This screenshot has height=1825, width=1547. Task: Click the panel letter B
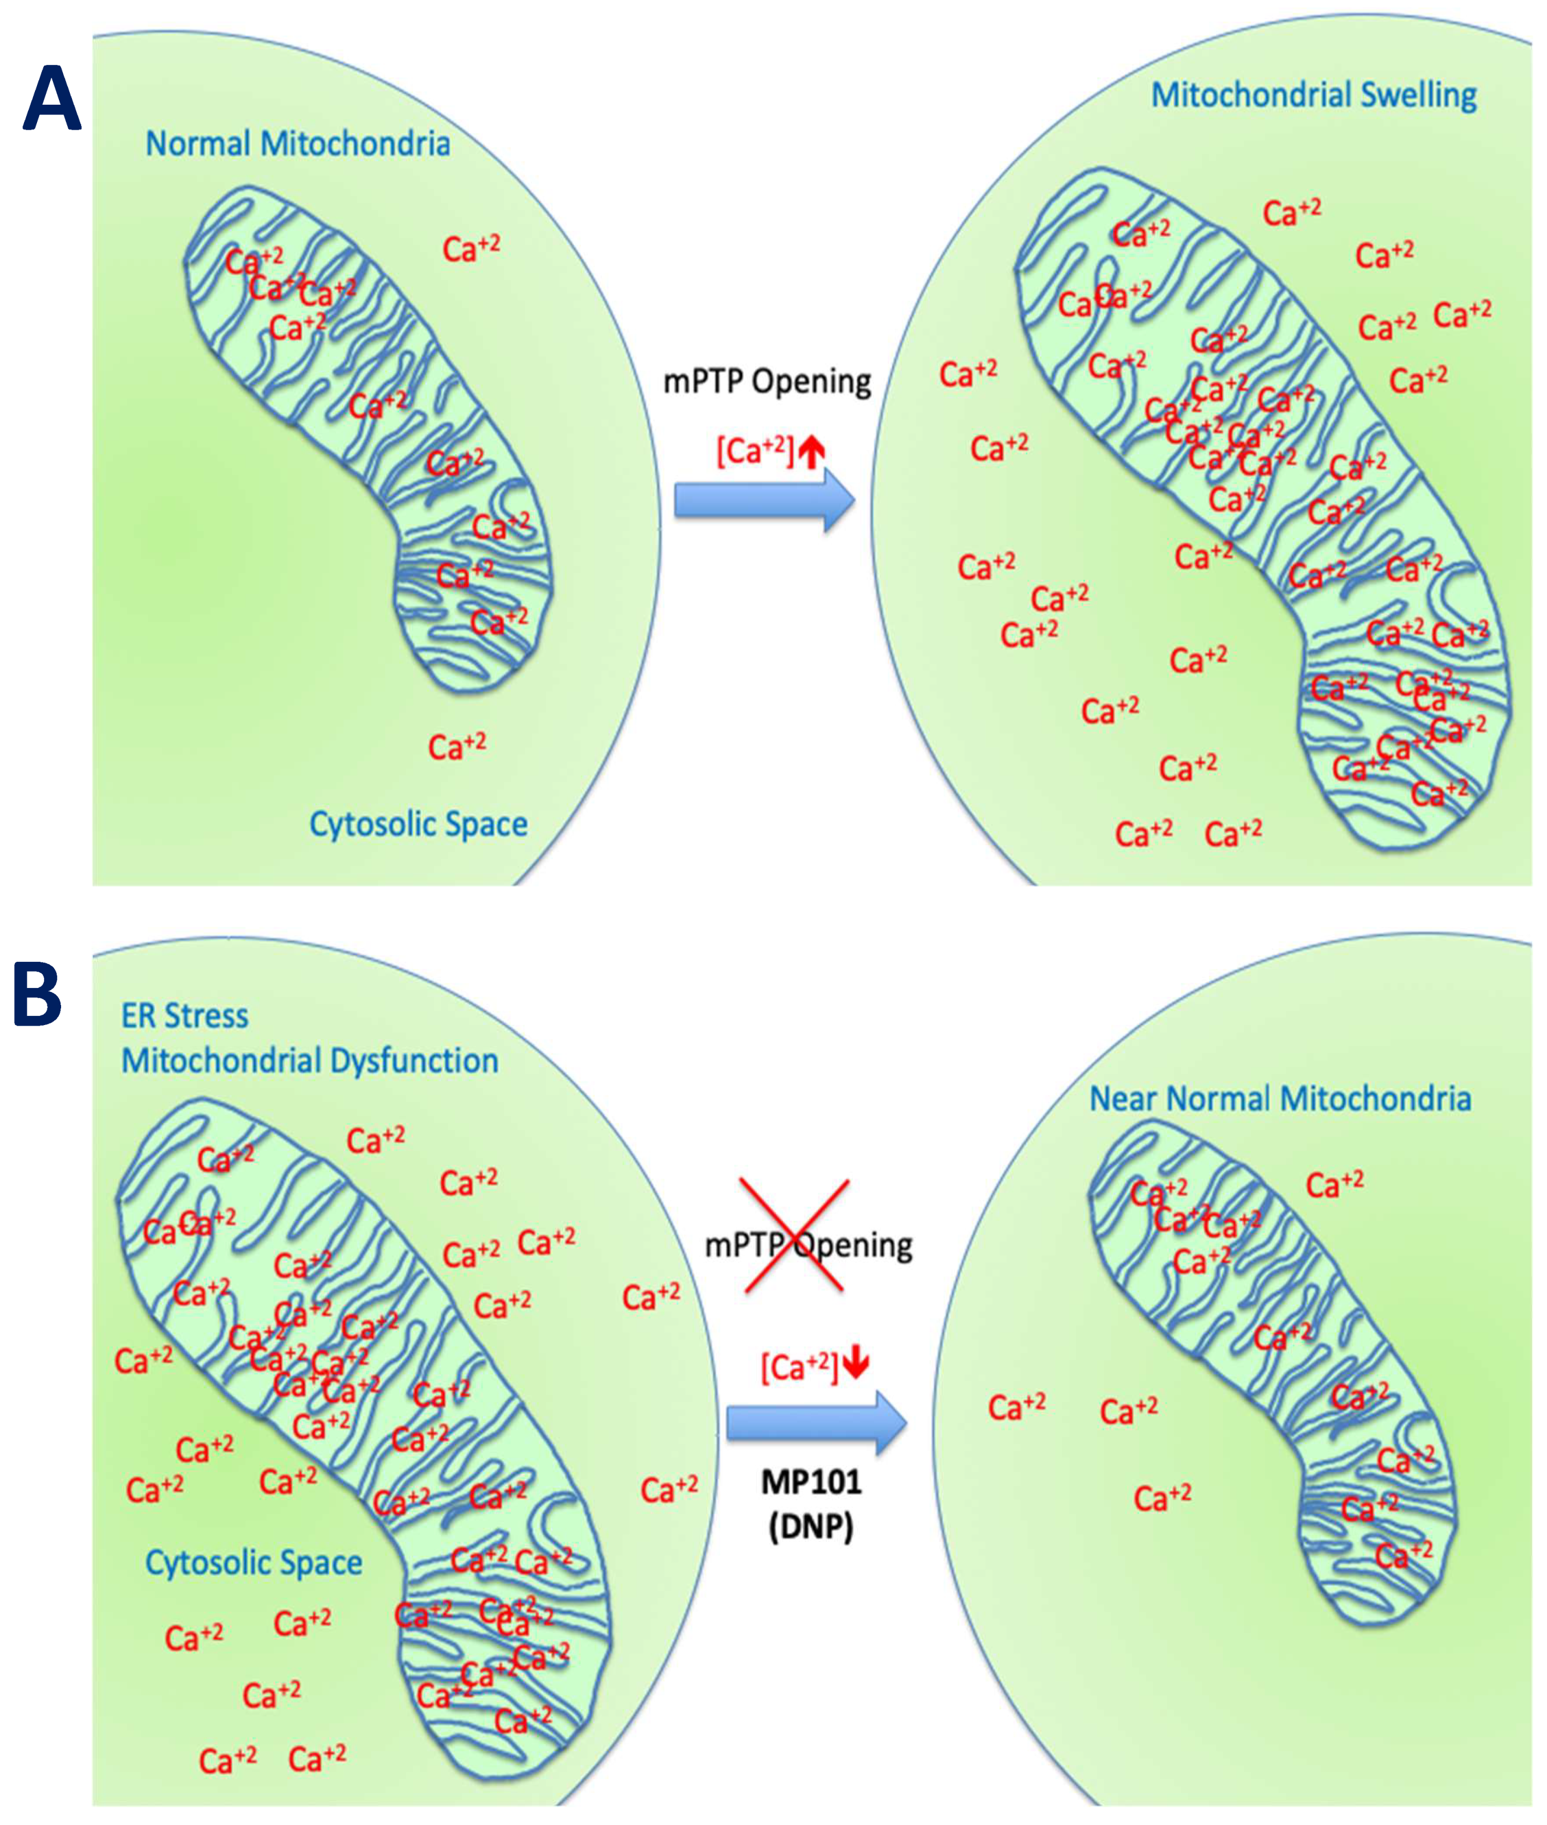[38, 995]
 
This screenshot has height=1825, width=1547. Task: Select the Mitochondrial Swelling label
[1313, 95]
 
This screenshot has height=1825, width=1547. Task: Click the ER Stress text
[184, 1015]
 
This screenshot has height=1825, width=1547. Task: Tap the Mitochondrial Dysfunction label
[310, 1061]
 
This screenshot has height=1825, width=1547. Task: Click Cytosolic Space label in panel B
[254, 1562]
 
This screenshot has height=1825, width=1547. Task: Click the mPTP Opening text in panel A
[767, 382]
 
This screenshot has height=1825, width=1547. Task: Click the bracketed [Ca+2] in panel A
[755, 451]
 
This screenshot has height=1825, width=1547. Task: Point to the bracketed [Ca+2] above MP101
[800, 1367]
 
